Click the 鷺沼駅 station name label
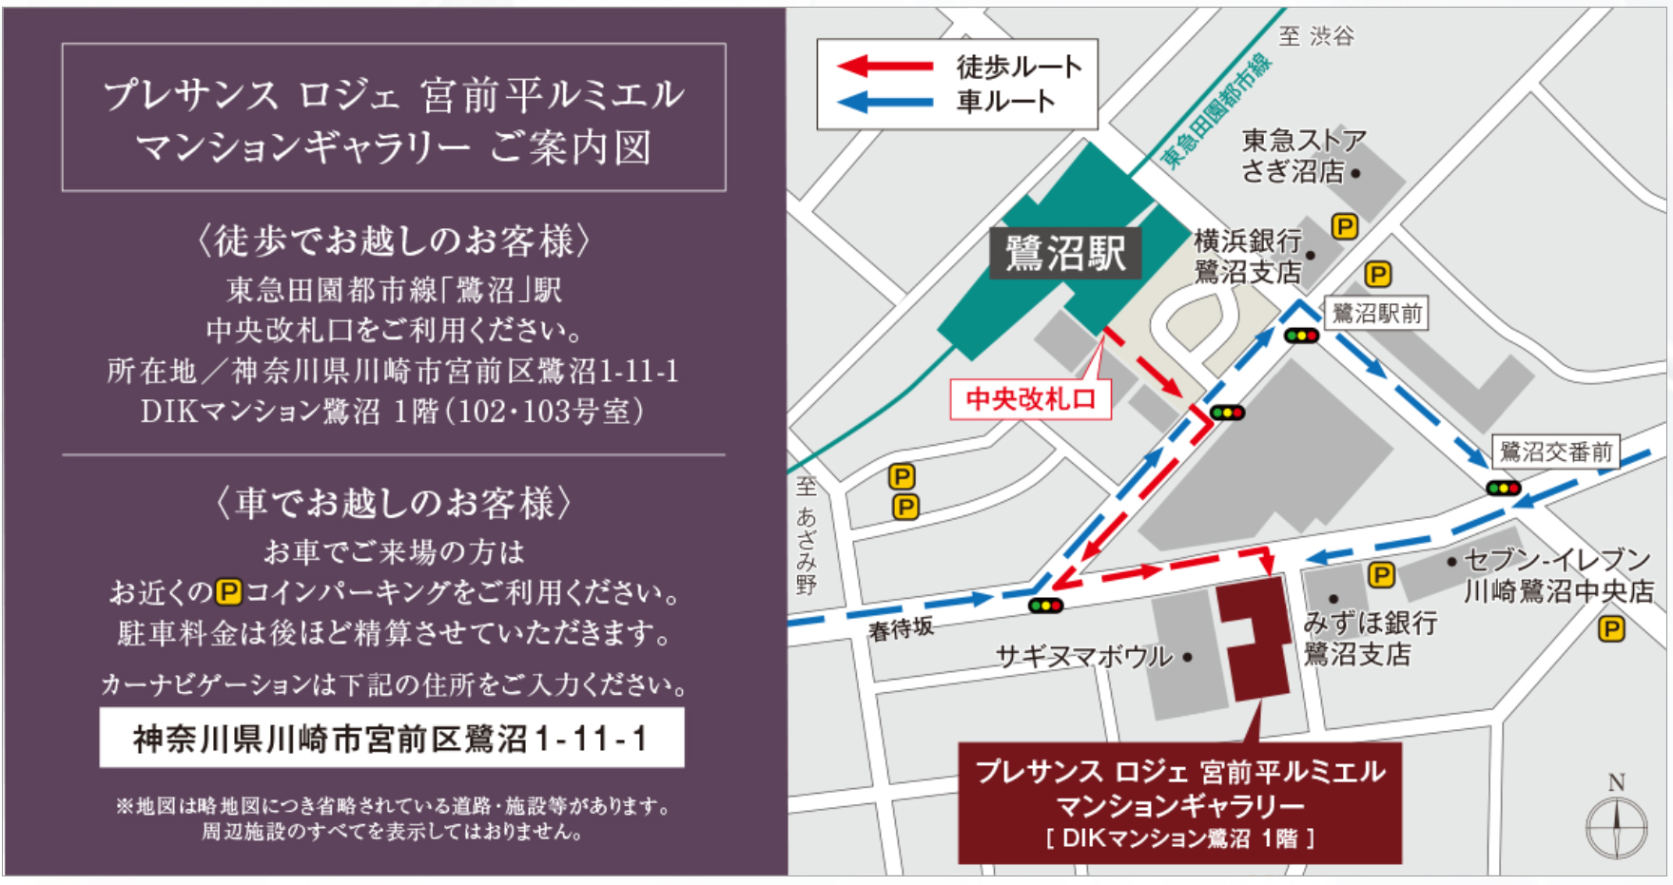[1066, 253]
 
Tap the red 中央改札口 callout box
[1031, 398]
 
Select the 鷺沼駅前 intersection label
[1376, 313]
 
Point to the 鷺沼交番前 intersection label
[1555, 452]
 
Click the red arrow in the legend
[884, 67]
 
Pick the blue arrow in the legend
[884, 101]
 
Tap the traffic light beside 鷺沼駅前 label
[1301, 336]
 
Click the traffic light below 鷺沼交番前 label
[1503, 488]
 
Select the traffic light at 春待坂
[1045, 606]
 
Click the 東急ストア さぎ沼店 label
[1302, 156]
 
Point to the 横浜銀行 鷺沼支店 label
[1247, 257]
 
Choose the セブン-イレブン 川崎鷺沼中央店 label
[1557, 575]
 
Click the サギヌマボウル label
[1083, 656]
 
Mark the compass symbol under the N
[1616, 826]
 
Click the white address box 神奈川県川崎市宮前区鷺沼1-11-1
[391, 738]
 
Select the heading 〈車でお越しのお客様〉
[393, 503]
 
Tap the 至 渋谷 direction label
[1316, 36]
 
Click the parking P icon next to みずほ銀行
[1381, 575]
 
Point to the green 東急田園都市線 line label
[1216, 111]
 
